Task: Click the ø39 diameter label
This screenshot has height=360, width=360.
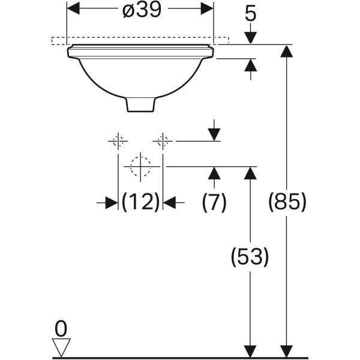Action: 142,10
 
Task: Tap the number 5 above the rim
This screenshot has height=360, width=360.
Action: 250,14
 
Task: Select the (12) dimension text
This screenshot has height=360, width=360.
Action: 140,202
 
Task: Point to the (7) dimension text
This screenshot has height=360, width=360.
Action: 214,202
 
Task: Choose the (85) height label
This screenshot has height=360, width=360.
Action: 287,202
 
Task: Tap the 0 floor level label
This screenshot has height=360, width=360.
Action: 61,329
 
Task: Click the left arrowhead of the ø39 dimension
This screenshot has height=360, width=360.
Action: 73,8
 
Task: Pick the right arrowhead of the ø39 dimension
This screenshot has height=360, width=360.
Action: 207,8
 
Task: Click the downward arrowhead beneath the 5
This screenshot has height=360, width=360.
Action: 250,38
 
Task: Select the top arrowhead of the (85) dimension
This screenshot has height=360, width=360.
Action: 287,51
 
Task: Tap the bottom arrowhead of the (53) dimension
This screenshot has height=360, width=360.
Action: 250,352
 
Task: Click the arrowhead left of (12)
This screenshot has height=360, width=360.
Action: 112,203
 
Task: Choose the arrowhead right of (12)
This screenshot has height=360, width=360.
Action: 169,203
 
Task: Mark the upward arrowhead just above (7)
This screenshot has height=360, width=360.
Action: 214,173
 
